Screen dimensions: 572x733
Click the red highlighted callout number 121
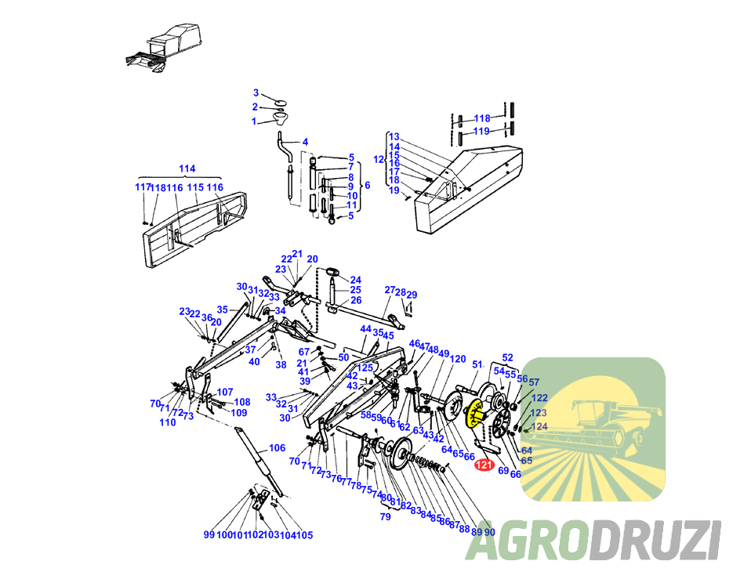coord(484,467)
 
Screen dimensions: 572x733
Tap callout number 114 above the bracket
coord(187,168)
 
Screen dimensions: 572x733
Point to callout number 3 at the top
coord(256,93)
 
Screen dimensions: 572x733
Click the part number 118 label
coord(481,118)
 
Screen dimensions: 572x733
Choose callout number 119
coord(481,131)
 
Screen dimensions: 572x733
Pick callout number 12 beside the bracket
coord(378,159)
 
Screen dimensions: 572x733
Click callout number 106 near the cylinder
coord(277,448)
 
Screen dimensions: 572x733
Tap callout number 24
coord(355,280)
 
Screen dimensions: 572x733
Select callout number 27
coord(390,290)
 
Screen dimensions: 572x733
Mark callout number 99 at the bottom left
coord(209,534)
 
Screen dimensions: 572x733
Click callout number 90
coord(490,530)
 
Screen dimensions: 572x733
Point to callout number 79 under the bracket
coord(385,516)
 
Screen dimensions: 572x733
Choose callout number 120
coord(458,358)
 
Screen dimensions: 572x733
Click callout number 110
coord(167,422)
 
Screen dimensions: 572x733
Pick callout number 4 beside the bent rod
coord(305,142)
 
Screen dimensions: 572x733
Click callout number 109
coord(239,412)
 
